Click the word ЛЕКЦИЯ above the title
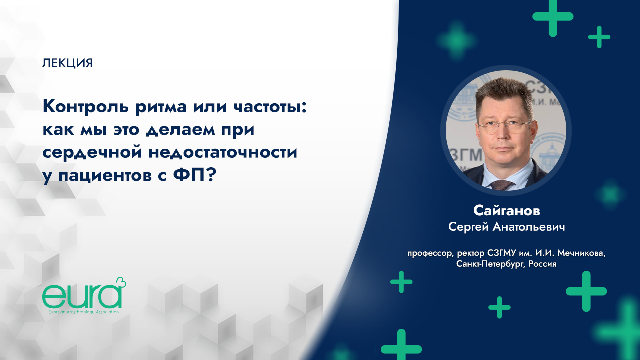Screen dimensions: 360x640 click(x=68, y=63)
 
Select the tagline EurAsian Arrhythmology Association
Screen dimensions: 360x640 click(x=81, y=312)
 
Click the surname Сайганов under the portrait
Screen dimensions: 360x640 click(x=506, y=211)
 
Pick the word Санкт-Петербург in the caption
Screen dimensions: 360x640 click(x=487, y=264)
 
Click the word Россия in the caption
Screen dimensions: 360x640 click(x=540, y=264)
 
